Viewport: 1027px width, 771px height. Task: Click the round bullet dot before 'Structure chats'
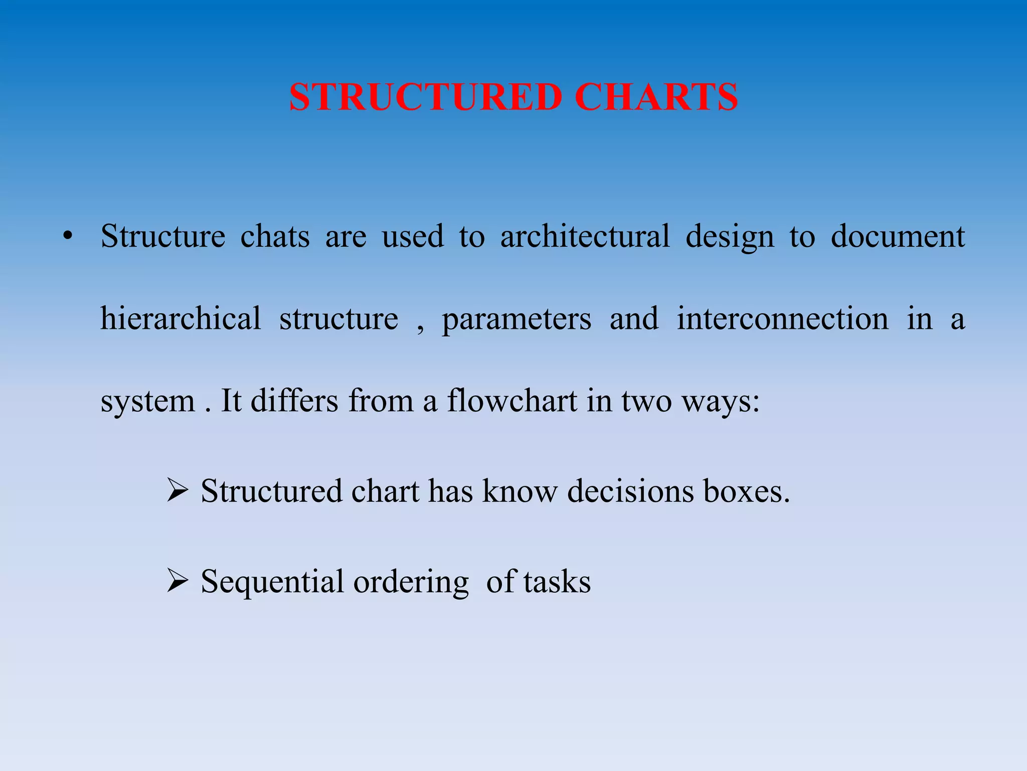coord(67,236)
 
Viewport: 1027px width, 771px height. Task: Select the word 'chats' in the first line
coord(275,236)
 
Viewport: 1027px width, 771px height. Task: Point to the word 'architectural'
coord(585,236)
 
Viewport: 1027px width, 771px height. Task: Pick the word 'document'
coord(898,236)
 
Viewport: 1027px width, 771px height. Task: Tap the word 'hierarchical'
coord(181,318)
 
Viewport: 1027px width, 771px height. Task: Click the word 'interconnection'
coord(782,318)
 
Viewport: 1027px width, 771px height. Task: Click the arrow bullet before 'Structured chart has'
coord(178,491)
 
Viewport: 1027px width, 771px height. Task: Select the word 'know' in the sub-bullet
coord(520,491)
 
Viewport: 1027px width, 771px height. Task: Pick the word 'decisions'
coord(631,491)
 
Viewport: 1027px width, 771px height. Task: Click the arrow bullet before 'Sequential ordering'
coord(178,582)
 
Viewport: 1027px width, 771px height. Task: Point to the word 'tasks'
coord(557,582)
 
